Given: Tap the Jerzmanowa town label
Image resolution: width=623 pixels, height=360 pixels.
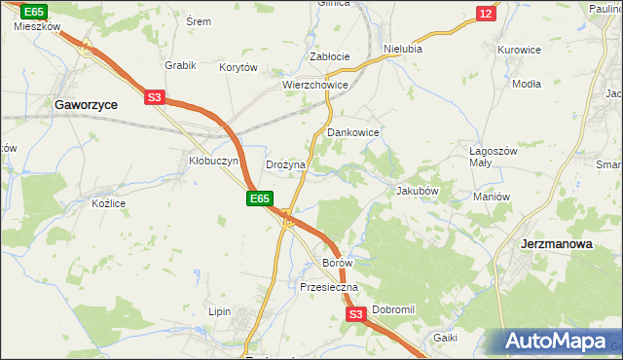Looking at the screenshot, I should point(557,244).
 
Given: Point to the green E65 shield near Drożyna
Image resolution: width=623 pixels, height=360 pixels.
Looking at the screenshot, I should point(257,198).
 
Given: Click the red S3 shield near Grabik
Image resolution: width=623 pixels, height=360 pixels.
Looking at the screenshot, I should point(156,96).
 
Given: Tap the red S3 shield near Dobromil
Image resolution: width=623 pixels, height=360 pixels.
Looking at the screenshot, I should point(355,314).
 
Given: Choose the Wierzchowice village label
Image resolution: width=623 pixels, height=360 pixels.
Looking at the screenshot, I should point(315,85).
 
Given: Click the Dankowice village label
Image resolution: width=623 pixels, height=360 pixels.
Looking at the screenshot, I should point(352,131).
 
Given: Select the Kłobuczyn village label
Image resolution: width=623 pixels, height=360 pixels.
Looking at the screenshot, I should point(213,162).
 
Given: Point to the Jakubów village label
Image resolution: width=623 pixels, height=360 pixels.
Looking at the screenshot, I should point(418,191).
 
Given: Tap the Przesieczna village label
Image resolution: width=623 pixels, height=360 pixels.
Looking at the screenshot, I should point(329,287).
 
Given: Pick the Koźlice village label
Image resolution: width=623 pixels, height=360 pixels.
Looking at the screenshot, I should point(109,203).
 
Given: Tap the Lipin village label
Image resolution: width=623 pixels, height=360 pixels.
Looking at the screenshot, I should point(219,311).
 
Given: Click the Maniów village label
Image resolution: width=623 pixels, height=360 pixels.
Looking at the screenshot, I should point(492,197).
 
